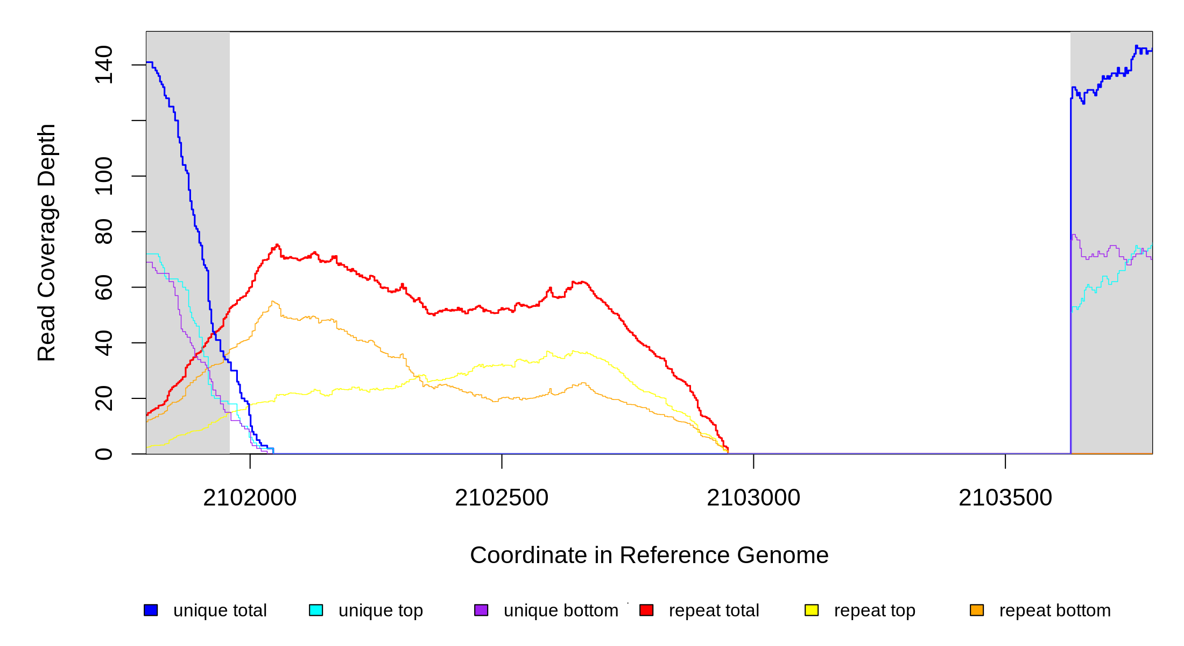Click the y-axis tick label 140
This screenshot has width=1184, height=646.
pyautogui.click(x=103, y=65)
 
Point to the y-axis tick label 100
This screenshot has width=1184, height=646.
pyautogui.click(x=103, y=176)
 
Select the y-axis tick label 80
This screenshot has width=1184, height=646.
pyautogui.click(x=103, y=231)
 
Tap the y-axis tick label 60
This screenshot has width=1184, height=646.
pyautogui.click(x=103, y=287)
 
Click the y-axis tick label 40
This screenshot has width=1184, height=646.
pyautogui.click(x=103, y=343)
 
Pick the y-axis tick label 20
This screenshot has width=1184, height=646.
pyautogui.click(x=103, y=398)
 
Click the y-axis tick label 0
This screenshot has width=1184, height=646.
pyautogui.click(x=103, y=454)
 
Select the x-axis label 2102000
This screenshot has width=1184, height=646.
pyautogui.click(x=250, y=498)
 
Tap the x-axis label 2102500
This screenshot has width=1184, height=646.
pyautogui.click(x=502, y=498)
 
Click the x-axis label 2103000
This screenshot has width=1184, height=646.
pyautogui.click(x=753, y=498)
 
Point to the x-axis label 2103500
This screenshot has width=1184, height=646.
pyautogui.click(x=1005, y=498)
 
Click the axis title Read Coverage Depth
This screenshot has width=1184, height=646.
pyautogui.click(x=47, y=242)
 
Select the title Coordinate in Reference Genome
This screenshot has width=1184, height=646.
pyautogui.click(x=649, y=555)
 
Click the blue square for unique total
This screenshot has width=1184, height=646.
pyautogui.click(x=151, y=610)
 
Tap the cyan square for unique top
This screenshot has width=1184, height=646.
pyautogui.click(x=316, y=610)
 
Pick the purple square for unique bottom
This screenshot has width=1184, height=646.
pyautogui.click(x=481, y=610)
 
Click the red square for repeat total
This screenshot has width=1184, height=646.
pyautogui.click(x=646, y=610)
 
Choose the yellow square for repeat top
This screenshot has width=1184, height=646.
pyautogui.click(x=812, y=610)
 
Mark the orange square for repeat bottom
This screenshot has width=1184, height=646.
pyautogui.click(x=977, y=610)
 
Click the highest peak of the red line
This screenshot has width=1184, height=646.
pyautogui.click(x=277, y=245)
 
